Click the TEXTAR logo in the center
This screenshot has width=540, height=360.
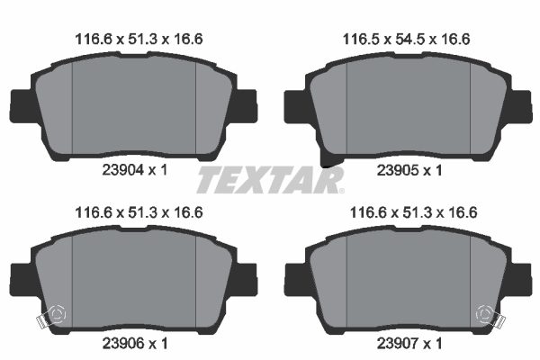[x=269, y=180]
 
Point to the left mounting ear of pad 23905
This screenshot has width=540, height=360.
[x=295, y=105]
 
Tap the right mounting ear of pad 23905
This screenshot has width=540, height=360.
[x=520, y=105]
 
